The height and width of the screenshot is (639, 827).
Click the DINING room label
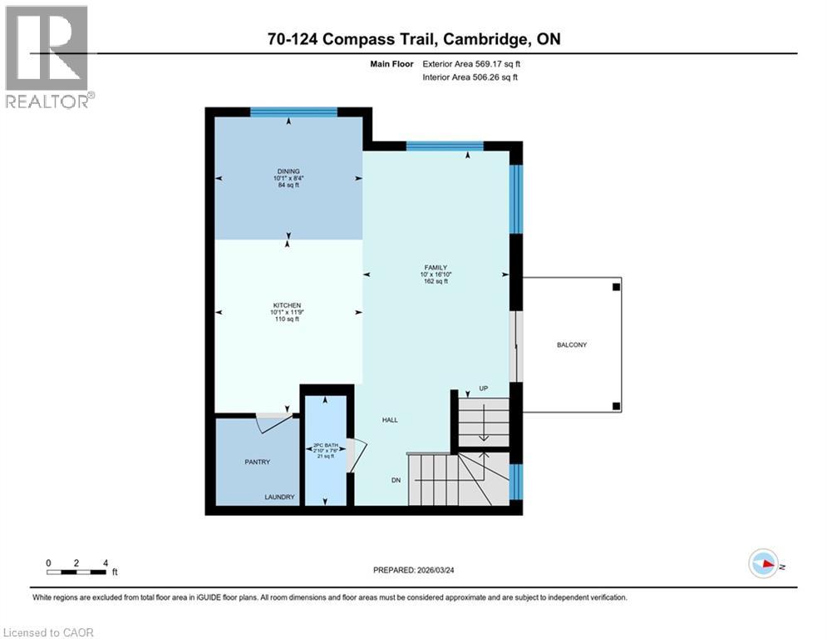[x=289, y=171]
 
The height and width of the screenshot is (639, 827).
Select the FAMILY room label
[x=436, y=268]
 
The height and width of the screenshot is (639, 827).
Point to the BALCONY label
[x=572, y=345]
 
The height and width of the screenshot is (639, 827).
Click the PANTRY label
[x=257, y=462]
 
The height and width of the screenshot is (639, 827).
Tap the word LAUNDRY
[x=279, y=497]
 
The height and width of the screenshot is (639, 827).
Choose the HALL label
[x=389, y=420]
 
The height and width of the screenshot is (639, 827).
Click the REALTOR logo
[x=47, y=57]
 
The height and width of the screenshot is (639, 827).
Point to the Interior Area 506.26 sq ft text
[x=470, y=77]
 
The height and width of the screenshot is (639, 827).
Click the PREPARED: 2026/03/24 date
[x=413, y=570]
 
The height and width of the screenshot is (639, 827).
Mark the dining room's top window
[x=293, y=111]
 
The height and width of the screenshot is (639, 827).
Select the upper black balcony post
[x=616, y=286]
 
